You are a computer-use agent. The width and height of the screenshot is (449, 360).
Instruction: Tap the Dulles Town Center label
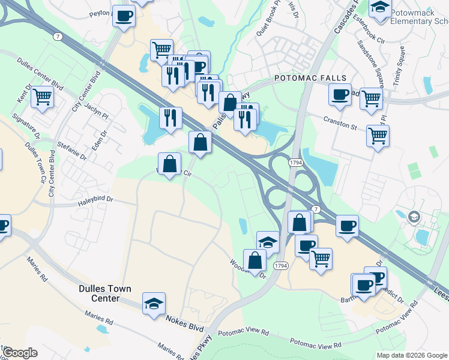(104, 293)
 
